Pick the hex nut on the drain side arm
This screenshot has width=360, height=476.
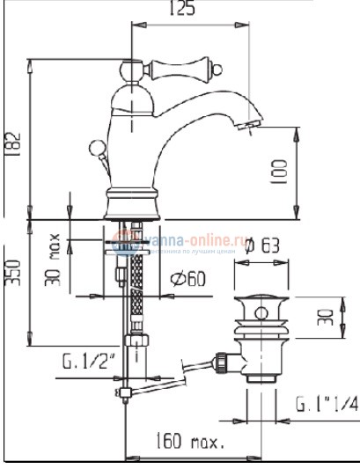coord(221,360)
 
